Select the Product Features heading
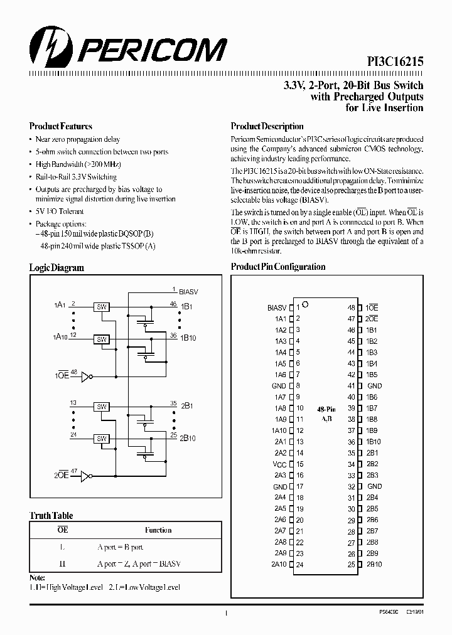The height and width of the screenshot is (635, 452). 61,126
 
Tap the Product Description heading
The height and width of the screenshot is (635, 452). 267,126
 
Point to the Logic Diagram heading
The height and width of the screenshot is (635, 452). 56,267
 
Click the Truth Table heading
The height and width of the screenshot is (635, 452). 51,515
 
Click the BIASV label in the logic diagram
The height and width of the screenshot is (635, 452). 189,292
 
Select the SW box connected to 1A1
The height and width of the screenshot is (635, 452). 101,307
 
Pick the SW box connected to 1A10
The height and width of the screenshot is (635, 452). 101,339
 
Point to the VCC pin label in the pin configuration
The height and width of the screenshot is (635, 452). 279,464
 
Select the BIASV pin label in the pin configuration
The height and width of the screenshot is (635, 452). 277,307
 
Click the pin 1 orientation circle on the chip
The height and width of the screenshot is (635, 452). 305,305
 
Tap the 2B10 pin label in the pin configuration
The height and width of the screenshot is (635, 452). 374,565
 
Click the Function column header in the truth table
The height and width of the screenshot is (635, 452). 158,530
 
